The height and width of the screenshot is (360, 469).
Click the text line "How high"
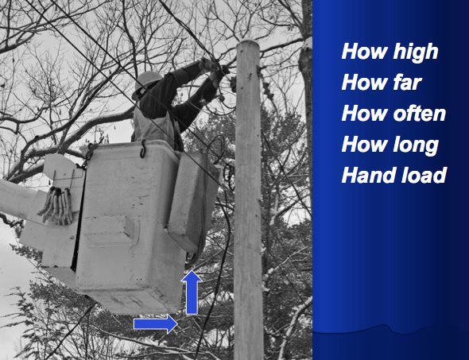pos(390,52)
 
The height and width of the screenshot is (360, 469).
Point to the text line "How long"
pos(390,145)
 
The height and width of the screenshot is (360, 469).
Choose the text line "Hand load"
pos(394,175)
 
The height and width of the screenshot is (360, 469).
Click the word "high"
pos(416,52)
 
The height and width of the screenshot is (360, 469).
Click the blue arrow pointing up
pos(192,292)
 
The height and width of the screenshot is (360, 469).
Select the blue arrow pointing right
pos(156,323)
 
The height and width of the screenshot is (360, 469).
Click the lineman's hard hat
pos(146,83)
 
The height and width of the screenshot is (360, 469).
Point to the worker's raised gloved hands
pos(214,70)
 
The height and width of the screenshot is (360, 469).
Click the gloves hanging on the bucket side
pos(56,206)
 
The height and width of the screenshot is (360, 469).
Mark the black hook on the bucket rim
pos(143,149)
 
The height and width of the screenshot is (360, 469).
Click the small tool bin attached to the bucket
pos(193,200)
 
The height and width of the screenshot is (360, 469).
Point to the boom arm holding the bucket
pos(18,199)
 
